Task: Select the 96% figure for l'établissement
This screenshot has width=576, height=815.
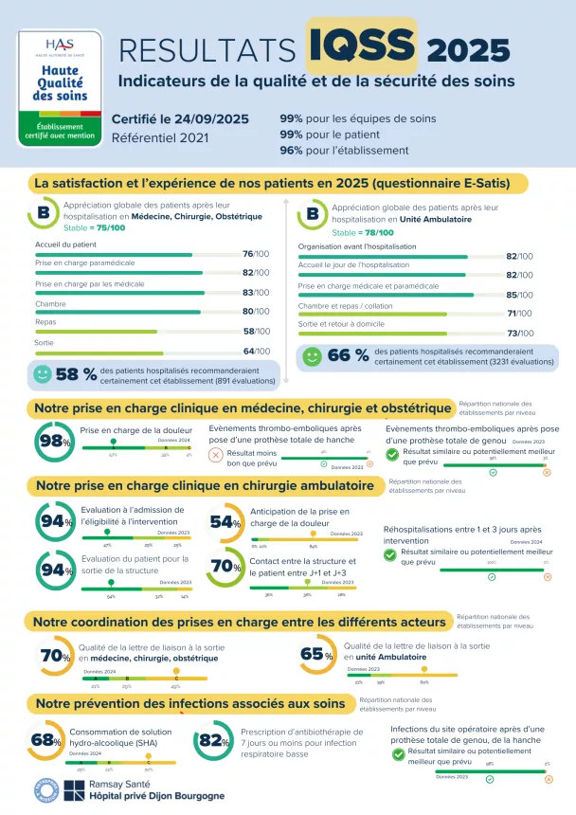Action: click(291, 150)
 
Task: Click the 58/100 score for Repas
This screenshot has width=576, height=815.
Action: click(256, 332)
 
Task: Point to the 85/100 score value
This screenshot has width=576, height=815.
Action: click(519, 295)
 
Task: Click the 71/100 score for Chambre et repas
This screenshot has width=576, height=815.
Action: click(519, 314)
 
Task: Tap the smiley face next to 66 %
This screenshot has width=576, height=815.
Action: click(311, 356)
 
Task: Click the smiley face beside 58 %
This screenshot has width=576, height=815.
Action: click(42, 373)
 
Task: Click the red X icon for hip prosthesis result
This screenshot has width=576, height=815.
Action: click(214, 455)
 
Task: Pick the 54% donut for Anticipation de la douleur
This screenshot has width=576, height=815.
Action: click(225, 522)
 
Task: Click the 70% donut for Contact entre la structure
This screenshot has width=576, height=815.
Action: click(225, 566)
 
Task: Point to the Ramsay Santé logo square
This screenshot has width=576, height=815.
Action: click(73, 792)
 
